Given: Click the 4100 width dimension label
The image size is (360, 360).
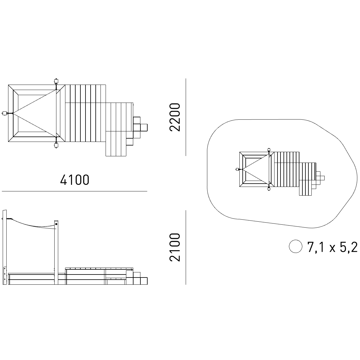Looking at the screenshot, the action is (75, 180).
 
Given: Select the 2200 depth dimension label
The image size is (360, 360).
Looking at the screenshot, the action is (175, 117).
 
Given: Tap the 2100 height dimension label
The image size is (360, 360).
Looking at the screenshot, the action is (175, 247).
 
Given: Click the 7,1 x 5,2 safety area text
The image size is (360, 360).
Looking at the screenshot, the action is (332, 247).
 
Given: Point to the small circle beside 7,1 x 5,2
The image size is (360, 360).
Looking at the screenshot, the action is (295, 246).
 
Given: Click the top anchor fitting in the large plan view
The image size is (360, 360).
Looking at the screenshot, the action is (56, 81).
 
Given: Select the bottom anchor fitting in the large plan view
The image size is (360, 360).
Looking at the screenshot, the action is (56, 145).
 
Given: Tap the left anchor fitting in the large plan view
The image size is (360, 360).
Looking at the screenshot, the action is (4, 113).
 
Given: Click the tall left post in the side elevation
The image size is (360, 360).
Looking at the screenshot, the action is (5, 247).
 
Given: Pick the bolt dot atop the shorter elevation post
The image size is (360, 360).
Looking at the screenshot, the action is (56, 224).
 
